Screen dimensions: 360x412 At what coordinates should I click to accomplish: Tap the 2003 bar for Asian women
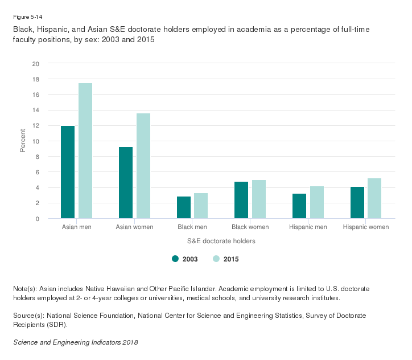click(x=126, y=183)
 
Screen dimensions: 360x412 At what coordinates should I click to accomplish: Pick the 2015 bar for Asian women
click(x=143, y=166)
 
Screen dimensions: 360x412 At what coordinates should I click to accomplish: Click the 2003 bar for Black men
click(x=184, y=207)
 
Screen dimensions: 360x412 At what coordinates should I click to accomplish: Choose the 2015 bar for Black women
click(x=259, y=199)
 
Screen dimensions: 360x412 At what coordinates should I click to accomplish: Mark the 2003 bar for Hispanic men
click(x=299, y=206)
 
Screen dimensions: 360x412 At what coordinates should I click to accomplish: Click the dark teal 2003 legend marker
click(x=175, y=259)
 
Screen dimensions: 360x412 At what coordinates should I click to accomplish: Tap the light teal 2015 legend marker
click(x=216, y=259)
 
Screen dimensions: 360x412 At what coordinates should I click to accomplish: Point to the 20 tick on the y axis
click(x=35, y=64)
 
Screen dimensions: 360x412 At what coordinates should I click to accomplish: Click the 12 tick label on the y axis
click(x=35, y=126)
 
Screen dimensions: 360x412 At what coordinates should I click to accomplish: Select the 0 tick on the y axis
click(x=37, y=219)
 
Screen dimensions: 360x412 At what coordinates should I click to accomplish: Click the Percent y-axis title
click(x=23, y=141)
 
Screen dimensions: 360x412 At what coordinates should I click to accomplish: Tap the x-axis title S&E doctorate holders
click(x=222, y=241)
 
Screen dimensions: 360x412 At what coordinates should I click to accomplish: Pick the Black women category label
click(x=250, y=227)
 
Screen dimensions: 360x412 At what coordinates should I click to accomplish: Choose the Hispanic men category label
click(x=308, y=227)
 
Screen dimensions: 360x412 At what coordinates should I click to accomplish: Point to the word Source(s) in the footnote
click(x=28, y=315)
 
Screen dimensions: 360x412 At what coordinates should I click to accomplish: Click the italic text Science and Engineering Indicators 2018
click(x=75, y=342)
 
